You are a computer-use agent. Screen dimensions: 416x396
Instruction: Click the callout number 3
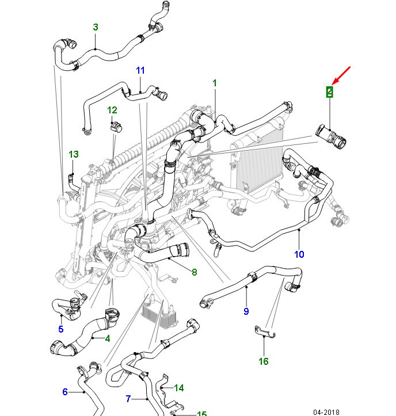click(96, 27)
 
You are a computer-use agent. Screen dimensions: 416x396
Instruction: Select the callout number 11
click(141, 70)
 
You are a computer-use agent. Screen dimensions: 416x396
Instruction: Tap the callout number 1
click(215, 83)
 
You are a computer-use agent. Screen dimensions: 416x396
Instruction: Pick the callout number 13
click(73, 154)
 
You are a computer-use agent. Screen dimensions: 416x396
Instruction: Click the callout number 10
click(299, 254)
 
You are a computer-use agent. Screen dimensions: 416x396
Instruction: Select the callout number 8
click(195, 272)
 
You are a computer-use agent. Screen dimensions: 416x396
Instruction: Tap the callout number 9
click(246, 311)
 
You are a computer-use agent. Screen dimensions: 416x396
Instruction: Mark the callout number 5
click(60, 329)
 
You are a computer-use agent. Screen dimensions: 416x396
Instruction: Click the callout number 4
click(108, 338)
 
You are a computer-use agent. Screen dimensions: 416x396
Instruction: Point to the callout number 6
click(65, 392)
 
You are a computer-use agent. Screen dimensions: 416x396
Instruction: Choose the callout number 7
click(128, 398)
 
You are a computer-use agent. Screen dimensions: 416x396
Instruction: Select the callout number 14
click(179, 388)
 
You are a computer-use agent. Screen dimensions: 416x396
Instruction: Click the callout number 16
click(264, 361)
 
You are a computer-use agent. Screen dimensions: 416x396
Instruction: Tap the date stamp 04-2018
click(326, 412)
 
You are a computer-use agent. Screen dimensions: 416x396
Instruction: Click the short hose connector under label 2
click(331, 136)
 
